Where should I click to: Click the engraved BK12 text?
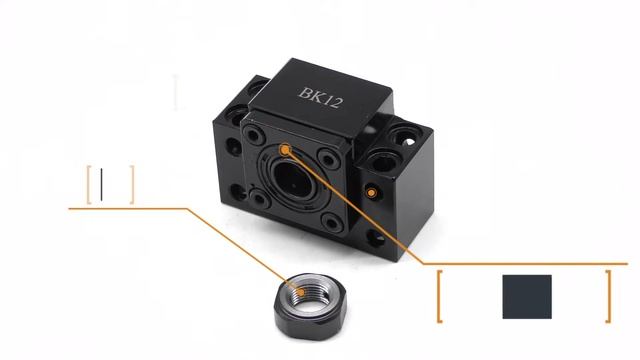[x=320, y=97]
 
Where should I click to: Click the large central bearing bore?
[x=292, y=180]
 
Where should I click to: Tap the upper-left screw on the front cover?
[x=254, y=135]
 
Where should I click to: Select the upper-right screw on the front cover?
[x=329, y=158]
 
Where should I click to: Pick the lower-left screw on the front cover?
[x=260, y=199]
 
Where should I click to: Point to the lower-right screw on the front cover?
[x=333, y=223]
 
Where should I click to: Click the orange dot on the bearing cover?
[x=285, y=150]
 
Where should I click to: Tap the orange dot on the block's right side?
[x=371, y=193]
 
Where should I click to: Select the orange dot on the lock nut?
[x=300, y=292]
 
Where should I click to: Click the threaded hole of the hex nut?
[x=309, y=299]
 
